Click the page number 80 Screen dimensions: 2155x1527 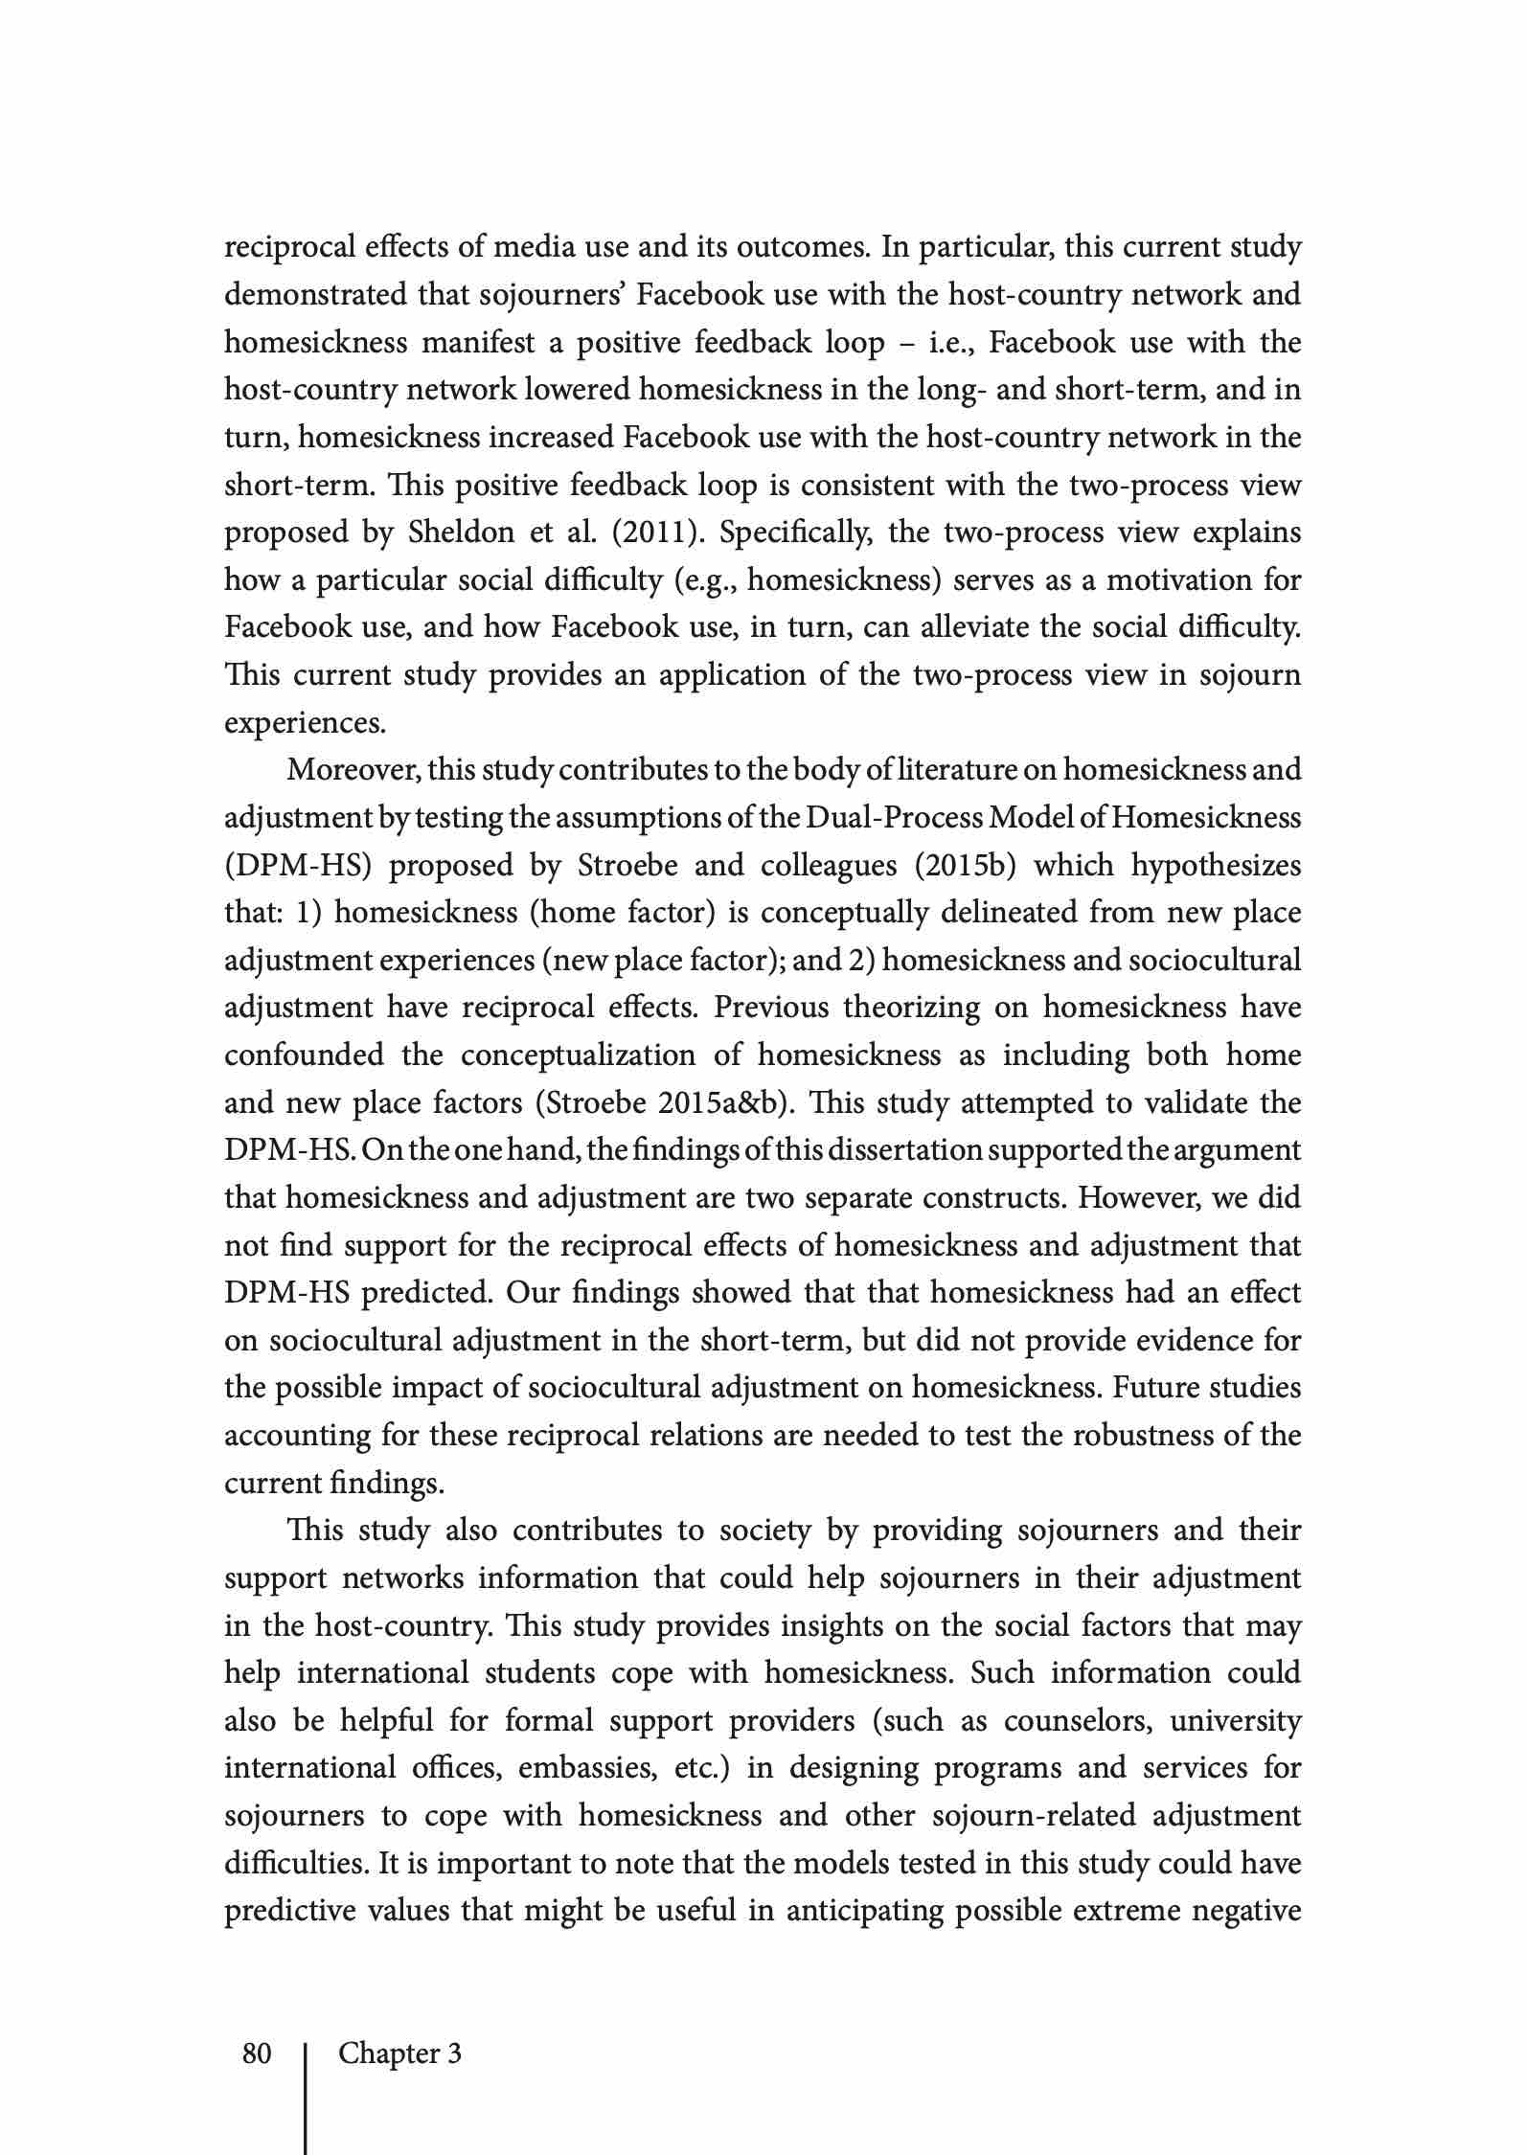click(257, 2053)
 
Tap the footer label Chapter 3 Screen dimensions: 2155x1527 click(399, 2053)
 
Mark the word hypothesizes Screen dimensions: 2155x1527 click(1217, 865)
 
